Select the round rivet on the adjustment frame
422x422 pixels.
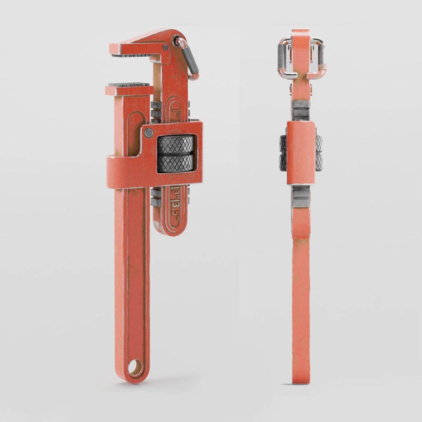(x=148, y=133)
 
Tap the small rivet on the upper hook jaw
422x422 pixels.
(x=165, y=48)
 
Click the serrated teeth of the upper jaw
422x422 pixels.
(x=132, y=55)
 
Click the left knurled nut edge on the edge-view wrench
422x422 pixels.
(x=283, y=153)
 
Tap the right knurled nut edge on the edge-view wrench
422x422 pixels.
(x=319, y=153)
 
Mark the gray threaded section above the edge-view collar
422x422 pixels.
(x=301, y=110)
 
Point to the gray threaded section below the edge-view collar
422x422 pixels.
(x=301, y=196)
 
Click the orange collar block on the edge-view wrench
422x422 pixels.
(x=301, y=152)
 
